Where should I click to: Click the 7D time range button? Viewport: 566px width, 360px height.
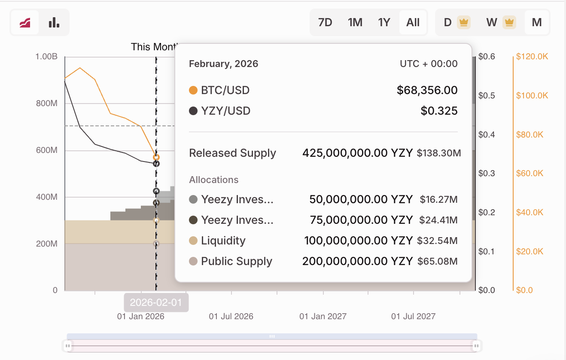point(325,22)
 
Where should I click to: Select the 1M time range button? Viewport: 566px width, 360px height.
point(355,22)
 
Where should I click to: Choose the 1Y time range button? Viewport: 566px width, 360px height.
point(384,22)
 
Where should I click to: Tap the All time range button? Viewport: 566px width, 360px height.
point(413,22)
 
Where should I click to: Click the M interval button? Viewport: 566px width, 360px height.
point(536,22)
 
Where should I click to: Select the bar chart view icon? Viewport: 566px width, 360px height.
point(54,22)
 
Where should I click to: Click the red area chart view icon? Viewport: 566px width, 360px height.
point(25,22)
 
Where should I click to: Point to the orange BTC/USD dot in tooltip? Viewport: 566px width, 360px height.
point(193,90)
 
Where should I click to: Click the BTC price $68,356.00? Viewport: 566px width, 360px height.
point(427,90)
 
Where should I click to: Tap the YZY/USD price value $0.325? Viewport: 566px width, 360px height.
point(439,111)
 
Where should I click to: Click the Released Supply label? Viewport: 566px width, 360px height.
point(232,153)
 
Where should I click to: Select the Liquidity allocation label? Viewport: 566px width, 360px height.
point(223,241)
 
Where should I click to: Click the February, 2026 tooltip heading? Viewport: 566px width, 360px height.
point(223,64)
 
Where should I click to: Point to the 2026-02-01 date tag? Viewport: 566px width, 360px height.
point(156,302)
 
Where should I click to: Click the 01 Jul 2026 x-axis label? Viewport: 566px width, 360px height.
point(231,317)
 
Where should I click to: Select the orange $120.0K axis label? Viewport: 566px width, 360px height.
point(532,56)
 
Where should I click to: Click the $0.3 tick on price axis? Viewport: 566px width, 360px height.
point(487,174)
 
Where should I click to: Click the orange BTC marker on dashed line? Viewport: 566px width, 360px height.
point(156,157)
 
